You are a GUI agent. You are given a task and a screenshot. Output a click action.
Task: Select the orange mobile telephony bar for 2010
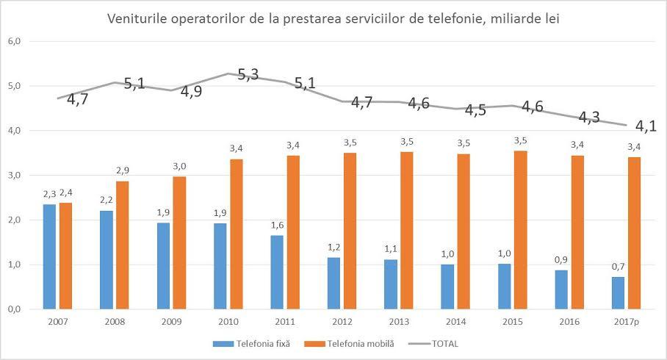(x=237, y=234)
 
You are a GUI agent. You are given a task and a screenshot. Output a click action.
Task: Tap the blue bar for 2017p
(x=618, y=292)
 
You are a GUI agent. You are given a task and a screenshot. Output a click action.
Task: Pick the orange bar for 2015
(x=520, y=229)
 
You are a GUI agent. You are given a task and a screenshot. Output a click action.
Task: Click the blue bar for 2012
(x=334, y=283)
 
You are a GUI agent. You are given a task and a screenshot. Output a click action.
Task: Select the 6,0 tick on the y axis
(x=14, y=41)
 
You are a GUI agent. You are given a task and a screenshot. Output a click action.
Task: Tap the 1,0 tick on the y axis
(x=14, y=264)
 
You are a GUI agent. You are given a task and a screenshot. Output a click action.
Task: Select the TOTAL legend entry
(x=446, y=343)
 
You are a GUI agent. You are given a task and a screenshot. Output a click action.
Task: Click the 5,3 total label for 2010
(x=248, y=76)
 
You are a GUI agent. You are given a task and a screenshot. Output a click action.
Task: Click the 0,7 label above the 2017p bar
(x=618, y=266)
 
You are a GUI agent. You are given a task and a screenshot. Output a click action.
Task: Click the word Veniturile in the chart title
(x=137, y=18)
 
